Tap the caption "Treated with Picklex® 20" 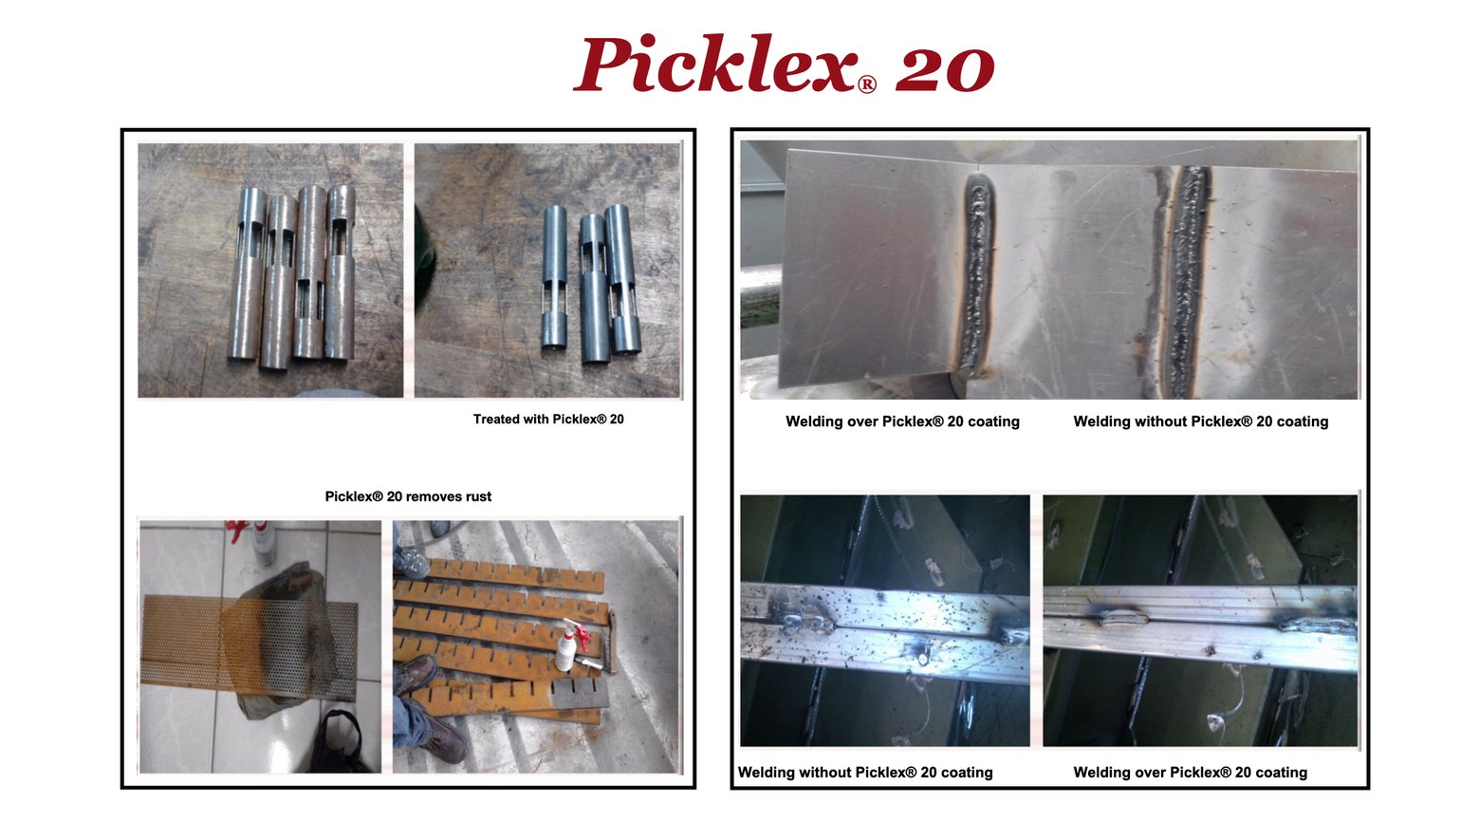548,420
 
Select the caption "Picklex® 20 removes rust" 408,496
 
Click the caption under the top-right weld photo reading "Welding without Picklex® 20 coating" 1200,421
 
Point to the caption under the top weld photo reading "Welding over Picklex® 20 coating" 902,421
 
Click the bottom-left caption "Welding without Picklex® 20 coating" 865,773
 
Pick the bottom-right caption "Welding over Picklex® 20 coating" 1190,773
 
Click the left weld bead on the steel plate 976,275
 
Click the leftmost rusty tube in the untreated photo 247,275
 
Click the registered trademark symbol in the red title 866,84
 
